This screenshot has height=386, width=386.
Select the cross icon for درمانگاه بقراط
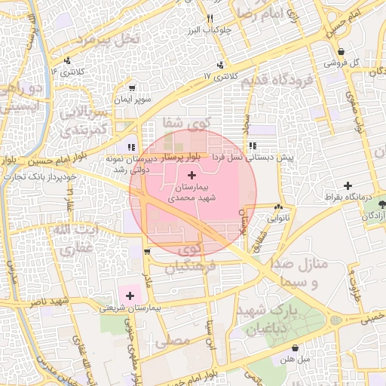(x=347, y=185)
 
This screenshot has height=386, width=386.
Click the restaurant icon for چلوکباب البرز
(x=210, y=18)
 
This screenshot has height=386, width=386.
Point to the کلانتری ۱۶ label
(x=64, y=71)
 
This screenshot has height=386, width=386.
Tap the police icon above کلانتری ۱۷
(x=220, y=66)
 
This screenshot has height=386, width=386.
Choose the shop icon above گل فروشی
(x=341, y=52)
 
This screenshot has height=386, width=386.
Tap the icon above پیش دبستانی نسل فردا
(x=252, y=146)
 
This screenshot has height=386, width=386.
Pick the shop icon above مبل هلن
(x=293, y=348)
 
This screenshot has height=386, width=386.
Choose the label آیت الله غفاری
(x=75, y=237)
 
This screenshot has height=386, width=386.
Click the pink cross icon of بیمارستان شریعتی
(x=129, y=295)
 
